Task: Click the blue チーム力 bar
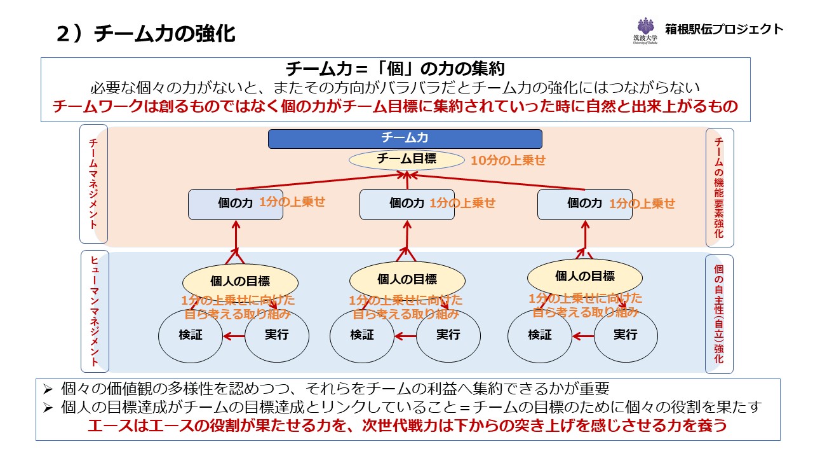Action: click(x=405, y=139)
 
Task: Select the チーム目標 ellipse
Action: click(x=406, y=160)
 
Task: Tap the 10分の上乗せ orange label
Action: click(x=507, y=160)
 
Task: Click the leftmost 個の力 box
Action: click(x=236, y=204)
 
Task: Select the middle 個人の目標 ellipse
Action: click(x=407, y=279)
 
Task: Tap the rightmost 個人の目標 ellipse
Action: click(x=585, y=276)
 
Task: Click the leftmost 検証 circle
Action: click(x=191, y=335)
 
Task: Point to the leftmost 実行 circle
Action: click(x=276, y=335)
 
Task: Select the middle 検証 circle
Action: click(x=362, y=335)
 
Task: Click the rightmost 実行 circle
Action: click(x=626, y=335)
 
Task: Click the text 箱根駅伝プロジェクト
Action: click(x=724, y=29)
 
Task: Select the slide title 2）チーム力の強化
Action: click(x=146, y=34)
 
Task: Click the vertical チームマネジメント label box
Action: click(x=93, y=184)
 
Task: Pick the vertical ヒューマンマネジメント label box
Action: click(x=95, y=311)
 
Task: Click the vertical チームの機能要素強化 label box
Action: click(x=720, y=188)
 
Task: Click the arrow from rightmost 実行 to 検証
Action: click(x=582, y=336)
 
